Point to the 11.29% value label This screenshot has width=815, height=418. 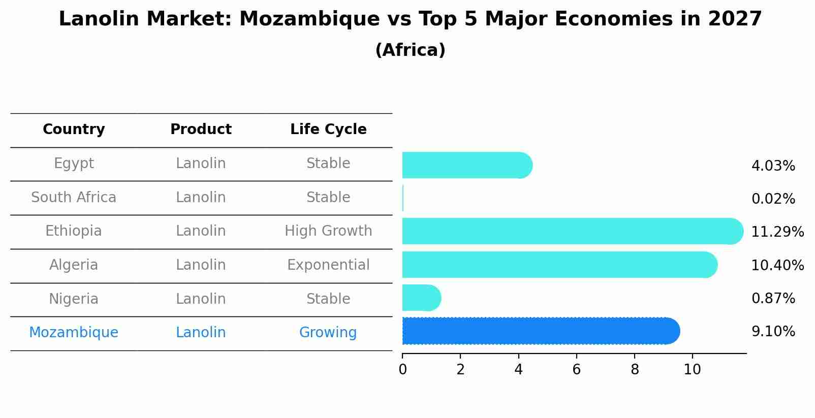point(777,232)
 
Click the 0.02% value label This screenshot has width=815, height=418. point(773,199)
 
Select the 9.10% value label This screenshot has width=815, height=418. point(773,332)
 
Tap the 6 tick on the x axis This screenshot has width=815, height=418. point(576,370)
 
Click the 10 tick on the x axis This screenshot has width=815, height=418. point(692,370)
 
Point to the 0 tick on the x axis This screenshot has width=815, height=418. point(402,370)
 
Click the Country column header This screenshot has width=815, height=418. point(74,130)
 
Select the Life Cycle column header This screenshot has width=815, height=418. point(328,130)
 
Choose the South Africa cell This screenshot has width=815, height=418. point(74,197)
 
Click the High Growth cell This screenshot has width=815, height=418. point(328,231)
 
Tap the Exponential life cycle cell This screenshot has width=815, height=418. point(328,265)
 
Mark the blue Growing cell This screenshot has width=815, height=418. point(328,333)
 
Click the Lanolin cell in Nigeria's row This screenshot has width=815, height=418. point(201,299)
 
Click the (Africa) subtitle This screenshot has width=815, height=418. point(410,50)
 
